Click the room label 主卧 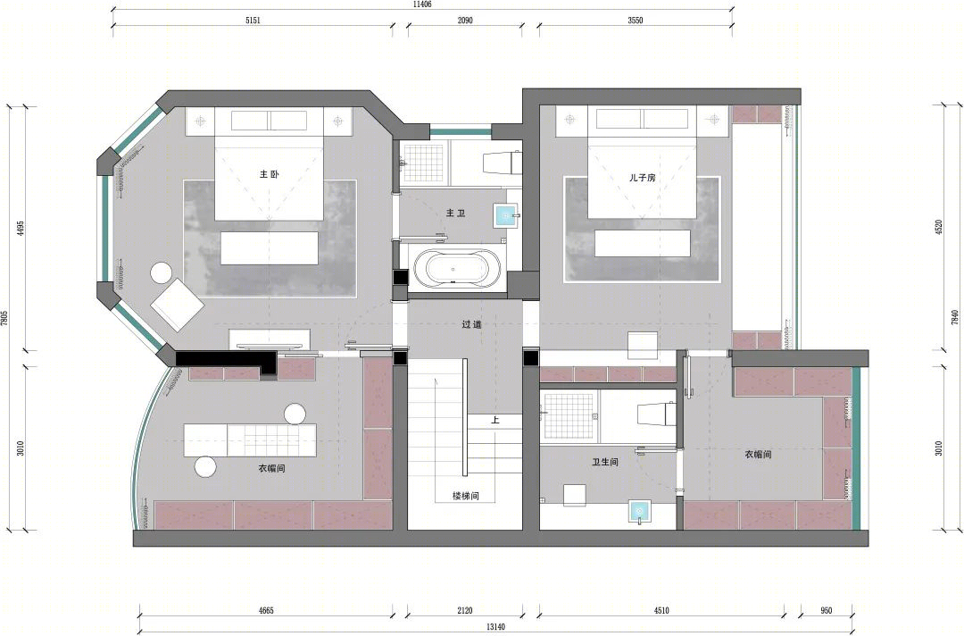[270, 174]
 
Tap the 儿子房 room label [642, 177]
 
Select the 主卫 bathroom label [455, 213]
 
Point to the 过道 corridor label [471, 324]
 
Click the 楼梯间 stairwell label [465, 496]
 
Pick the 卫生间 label [605, 461]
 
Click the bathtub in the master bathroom [457, 269]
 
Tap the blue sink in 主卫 [506, 214]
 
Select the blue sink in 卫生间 [639, 511]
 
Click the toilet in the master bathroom [499, 163]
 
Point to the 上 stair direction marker [495, 421]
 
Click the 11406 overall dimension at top [421, 4]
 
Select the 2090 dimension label [465, 21]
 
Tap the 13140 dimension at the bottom [495, 627]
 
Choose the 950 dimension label [827, 611]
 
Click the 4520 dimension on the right [938, 227]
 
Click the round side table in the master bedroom [162, 273]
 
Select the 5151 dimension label [253, 21]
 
